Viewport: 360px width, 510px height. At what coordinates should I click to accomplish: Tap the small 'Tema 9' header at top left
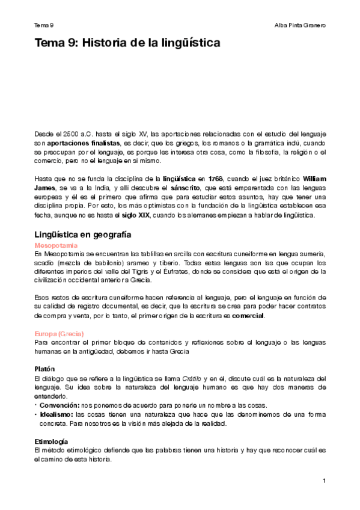44,25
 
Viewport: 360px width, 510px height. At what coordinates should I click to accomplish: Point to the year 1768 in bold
215,179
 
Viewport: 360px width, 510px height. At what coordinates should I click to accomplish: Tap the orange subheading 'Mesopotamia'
56,246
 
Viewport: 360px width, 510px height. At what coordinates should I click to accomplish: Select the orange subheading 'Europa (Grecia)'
59,333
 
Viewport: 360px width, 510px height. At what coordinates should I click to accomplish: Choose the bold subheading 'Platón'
46,368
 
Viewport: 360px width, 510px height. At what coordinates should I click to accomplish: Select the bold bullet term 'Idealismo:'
56,414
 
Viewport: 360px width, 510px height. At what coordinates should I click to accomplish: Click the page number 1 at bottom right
323,481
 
